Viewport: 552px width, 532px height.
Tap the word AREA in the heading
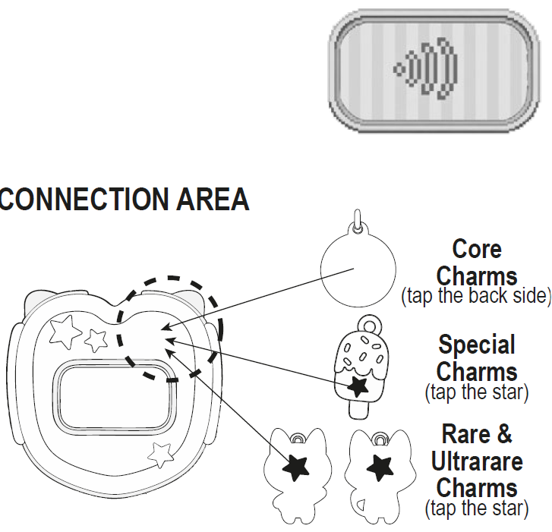coord(213,199)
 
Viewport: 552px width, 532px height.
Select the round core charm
coord(358,269)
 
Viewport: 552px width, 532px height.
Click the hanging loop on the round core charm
coord(358,220)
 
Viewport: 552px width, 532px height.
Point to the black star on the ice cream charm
coord(358,387)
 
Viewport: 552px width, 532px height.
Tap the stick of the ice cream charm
coord(358,409)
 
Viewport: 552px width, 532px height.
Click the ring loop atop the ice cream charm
coord(370,324)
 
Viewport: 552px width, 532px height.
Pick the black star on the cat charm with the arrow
coord(296,467)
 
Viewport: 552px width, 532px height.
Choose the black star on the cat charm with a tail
coord(380,467)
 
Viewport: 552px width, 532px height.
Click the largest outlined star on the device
coord(65,332)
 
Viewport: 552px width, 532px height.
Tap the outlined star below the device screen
coord(161,455)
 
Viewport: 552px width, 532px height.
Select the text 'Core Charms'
coord(477,263)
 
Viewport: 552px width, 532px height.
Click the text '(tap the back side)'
coord(476,295)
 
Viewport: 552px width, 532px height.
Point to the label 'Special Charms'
coord(477,358)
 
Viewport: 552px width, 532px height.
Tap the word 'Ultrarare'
coord(477,461)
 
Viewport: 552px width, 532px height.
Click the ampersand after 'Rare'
coord(504,434)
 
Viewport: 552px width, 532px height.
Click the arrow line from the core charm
coord(257,299)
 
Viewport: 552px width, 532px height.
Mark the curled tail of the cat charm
coord(360,505)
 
